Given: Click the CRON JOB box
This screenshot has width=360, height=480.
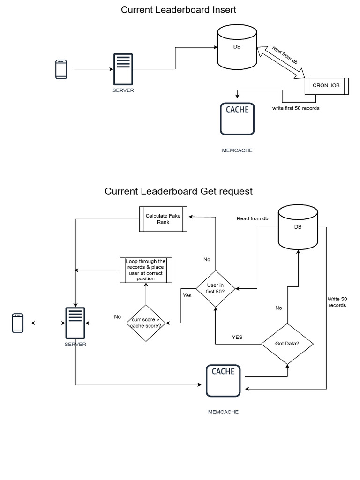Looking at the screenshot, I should (327, 86).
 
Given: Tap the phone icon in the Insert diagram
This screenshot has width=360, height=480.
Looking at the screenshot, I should (61, 69).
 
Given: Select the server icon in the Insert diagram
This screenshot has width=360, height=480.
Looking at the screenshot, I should (123, 69).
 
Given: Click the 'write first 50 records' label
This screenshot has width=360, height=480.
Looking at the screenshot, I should (296, 108).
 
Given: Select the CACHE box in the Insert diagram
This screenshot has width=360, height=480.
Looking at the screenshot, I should (237, 119).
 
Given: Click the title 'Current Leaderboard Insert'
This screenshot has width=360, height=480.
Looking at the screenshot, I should (179, 9).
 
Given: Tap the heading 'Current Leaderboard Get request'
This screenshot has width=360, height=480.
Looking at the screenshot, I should (179, 191).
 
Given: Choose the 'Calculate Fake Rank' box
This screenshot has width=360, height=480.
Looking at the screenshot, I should (163, 219).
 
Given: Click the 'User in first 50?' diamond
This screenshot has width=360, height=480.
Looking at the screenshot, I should (215, 288).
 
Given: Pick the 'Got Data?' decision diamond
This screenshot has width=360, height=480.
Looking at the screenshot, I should (287, 344).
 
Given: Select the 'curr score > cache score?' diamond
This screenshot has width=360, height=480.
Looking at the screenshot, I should (146, 323).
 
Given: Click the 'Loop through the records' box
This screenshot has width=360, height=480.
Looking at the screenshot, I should (145, 270).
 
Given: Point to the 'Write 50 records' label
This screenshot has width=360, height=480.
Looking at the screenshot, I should (337, 302).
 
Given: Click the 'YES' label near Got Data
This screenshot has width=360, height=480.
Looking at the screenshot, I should (237, 337).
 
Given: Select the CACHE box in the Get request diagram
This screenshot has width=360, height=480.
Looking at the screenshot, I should (223, 381).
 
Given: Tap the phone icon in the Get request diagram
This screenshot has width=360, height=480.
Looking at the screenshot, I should (18, 323).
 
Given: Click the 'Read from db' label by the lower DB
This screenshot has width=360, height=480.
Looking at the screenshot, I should (252, 218).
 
